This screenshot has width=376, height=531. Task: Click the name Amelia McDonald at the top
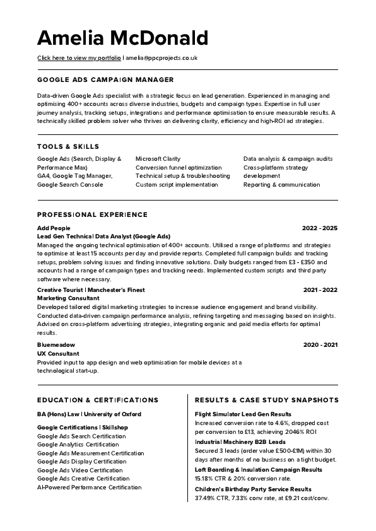pyautogui.click(x=122, y=38)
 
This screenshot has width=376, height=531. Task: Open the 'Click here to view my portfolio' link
pyautogui.click(x=79, y=57)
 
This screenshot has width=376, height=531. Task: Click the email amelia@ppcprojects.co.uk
pyautogui.click(x=162, y=57)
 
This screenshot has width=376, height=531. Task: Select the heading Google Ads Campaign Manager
pyautogui.click(x=105, y=80)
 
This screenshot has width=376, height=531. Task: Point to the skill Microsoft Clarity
pyautogui.click(x=158, y=159)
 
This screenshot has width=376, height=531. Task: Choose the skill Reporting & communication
pyautogui.click(x=281, y=185)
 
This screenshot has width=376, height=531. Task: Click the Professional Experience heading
pyautogui.click(x=92, y=214)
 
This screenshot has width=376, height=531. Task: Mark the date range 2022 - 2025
pyautogui.click(x=320, y=228)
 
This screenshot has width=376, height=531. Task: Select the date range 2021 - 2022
pyautogui.click(x=320, y=289)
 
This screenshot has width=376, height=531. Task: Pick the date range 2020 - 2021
pyautogui.click(x=320, y=345)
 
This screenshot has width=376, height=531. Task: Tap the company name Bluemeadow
pyautogui.click(x=56, y=345)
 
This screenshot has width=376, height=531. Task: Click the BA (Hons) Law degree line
pyautogui.click(x=89, y=414)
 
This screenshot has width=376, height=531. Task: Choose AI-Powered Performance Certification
pyautogui.click(x=90, y=487)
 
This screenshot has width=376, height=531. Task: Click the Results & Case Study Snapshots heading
pyautogui.click(x=267, y=400)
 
